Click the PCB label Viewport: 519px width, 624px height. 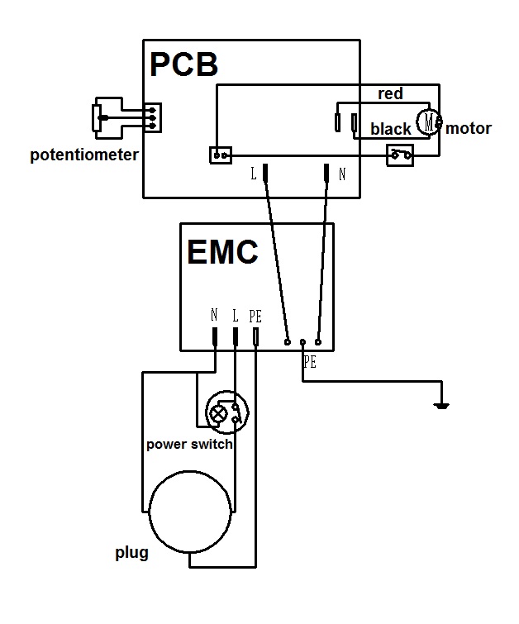click(x=183, y=64)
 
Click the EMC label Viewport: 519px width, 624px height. click(x=223, y=251)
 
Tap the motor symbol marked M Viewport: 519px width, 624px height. click(x=429, y=121)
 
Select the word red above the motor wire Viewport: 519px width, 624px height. click(x=390, y=93)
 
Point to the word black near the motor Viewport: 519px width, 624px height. click(x=391, y=129)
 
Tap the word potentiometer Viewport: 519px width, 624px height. click(x=84, y=155)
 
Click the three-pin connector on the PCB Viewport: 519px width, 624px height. click(x=152, y=117)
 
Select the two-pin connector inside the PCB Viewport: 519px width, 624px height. click(x=221, y=155)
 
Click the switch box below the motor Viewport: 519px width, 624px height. click(x=400, y=155)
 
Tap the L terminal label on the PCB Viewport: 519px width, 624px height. click(x=254, y=174)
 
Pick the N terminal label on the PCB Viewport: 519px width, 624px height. click(x=342, y=174)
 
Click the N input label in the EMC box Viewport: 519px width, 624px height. click(x=214, y=315)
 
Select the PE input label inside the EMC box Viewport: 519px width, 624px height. click(x=255, y=317)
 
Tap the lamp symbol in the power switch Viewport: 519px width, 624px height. click(x=218, y=413)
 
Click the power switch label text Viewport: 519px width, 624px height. click(x=189, y=444)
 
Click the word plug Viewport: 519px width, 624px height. click(x=131, y=553)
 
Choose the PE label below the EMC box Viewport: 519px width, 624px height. click(x=310, y=362)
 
